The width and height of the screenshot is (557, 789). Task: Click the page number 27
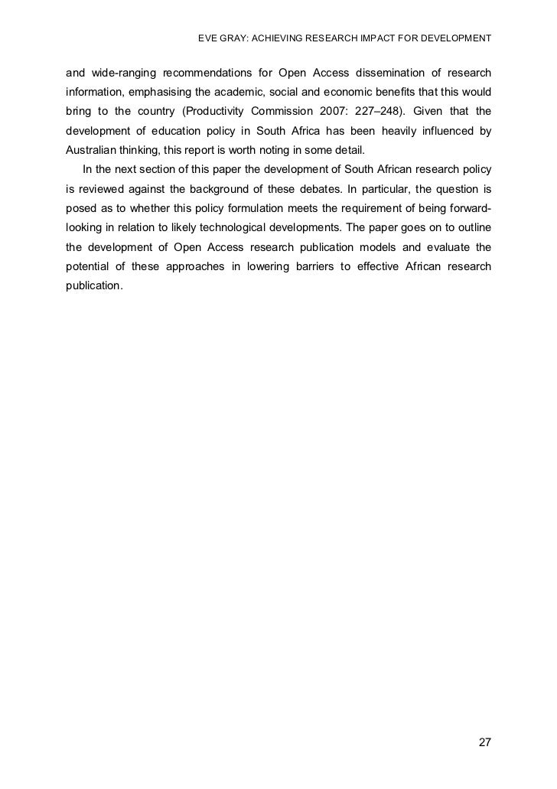coord(484,743)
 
